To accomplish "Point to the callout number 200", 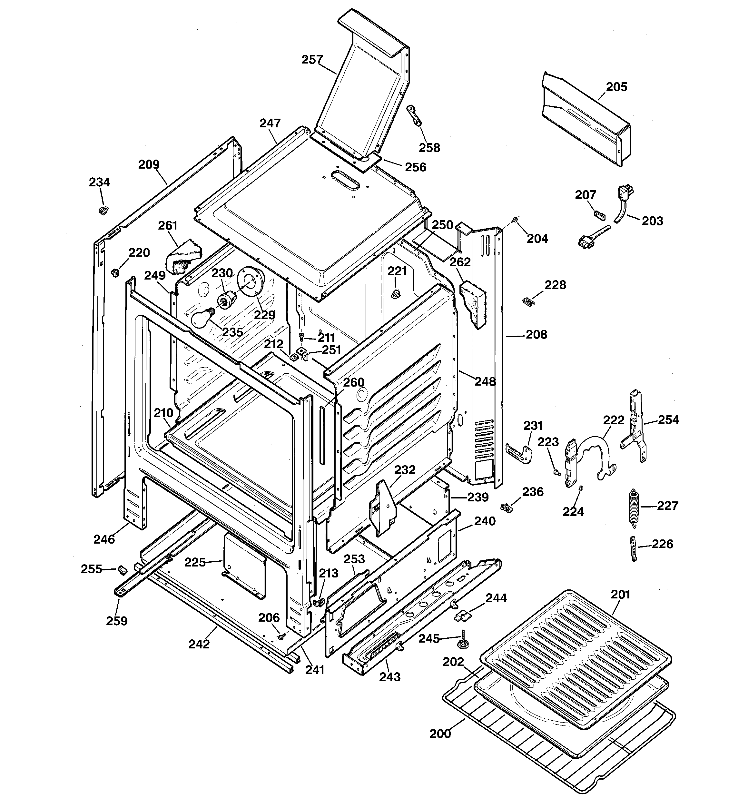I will coord(440,734).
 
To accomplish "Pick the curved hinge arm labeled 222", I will coord(598,454).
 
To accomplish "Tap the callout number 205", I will coord(616,87).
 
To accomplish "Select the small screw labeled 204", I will coord(514,220).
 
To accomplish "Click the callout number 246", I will coord(104,539).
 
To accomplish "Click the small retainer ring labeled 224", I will coord(581,488).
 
